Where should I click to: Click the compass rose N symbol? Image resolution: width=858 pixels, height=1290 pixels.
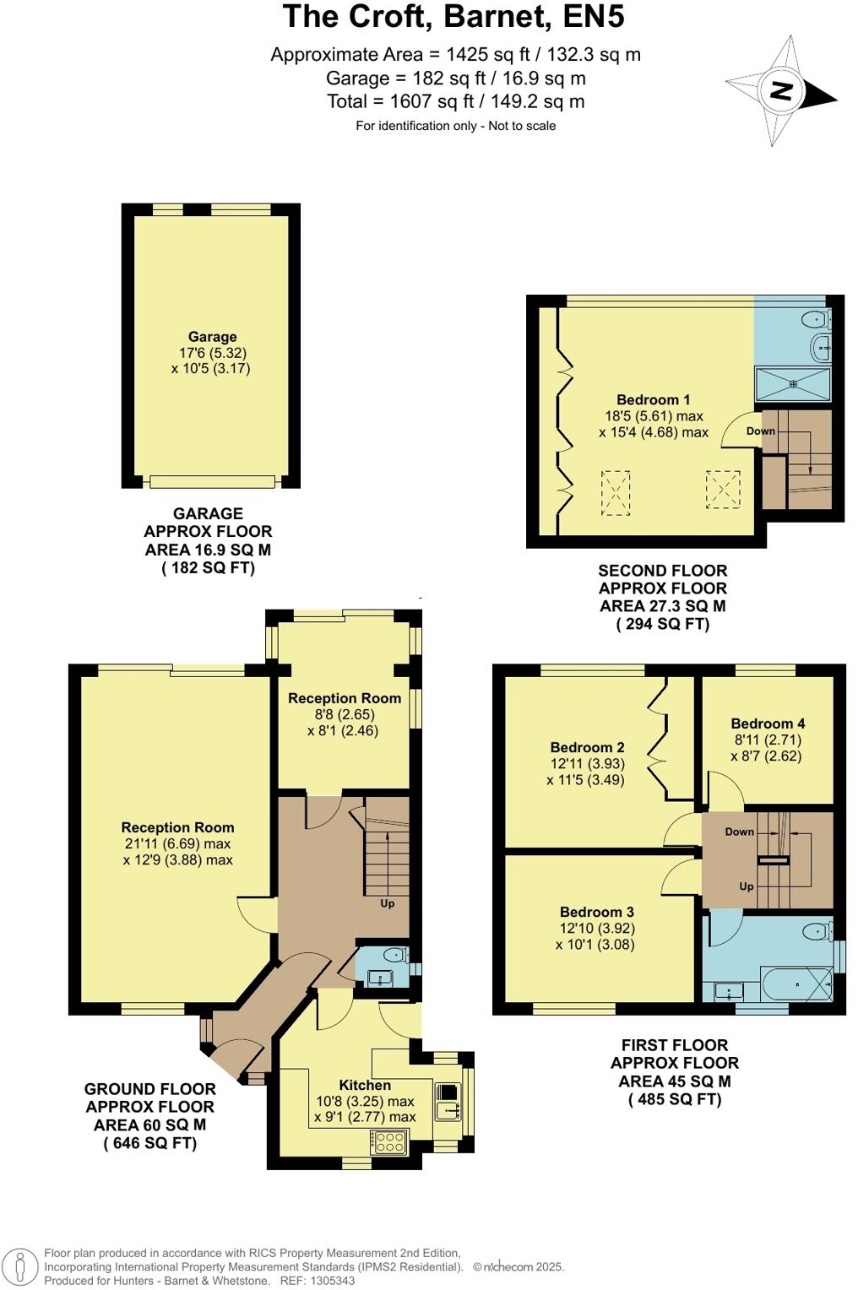point(781,90)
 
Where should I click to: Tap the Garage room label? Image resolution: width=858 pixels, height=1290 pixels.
point(212,336)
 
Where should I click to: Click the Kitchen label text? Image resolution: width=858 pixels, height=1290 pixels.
point(365,1085)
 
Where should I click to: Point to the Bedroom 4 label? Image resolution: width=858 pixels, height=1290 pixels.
point(768,724)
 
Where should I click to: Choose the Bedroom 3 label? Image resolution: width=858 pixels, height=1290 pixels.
point(596,912)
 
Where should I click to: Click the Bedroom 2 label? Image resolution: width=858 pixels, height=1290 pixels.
point(587,747)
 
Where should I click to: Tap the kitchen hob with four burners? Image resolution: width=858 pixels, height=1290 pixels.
point(389,1142)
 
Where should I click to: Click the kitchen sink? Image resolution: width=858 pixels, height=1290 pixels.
point(447,1101)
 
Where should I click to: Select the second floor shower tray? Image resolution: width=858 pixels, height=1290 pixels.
point(792,384)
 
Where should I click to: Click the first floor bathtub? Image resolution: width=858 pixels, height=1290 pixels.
point(796,984)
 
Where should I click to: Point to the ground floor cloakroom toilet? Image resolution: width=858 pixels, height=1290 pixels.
point(394,956)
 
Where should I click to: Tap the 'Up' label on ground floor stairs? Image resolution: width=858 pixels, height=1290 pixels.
point(387,903)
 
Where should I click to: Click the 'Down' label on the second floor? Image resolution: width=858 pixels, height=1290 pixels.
point(760,431)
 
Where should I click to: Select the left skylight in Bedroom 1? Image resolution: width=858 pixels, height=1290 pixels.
point(616,492)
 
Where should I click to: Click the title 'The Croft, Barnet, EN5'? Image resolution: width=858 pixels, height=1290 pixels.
point(454,17)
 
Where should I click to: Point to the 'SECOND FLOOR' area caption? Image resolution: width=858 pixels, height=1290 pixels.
point(662,571)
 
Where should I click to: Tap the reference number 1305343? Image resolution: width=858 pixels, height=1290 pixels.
point(332,1281)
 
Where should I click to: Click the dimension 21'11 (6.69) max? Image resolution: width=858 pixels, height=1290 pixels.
point(177,843)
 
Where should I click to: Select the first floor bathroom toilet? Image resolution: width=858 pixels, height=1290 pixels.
point(815,931)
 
